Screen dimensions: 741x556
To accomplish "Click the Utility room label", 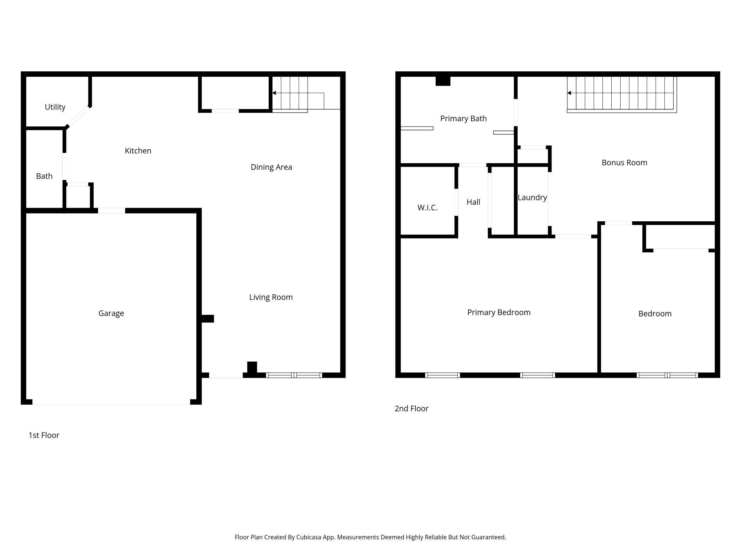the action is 55,107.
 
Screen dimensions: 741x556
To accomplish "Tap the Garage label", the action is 111,313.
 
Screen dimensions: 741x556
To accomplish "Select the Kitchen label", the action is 138,151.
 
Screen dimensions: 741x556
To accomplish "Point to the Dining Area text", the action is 271,167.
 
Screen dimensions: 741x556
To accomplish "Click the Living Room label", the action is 271,297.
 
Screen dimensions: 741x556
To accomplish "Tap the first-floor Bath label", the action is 44,176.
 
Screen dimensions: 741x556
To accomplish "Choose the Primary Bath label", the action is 463,119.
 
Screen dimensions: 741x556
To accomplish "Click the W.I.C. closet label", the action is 427,207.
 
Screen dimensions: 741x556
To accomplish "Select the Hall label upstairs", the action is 473,202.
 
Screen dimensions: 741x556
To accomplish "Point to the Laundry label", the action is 532,197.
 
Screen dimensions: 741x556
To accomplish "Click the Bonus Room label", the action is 625,163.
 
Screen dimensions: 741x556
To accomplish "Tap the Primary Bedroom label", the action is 499,313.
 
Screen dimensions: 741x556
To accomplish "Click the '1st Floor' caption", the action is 44,435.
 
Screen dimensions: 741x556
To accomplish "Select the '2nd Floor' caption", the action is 411,408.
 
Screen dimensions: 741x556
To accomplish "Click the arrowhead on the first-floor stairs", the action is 274,93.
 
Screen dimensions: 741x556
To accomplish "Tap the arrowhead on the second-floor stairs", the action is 569,93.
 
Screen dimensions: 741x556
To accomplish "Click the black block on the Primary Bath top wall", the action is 443,81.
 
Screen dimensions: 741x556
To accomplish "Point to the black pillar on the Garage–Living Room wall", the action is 208,319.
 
